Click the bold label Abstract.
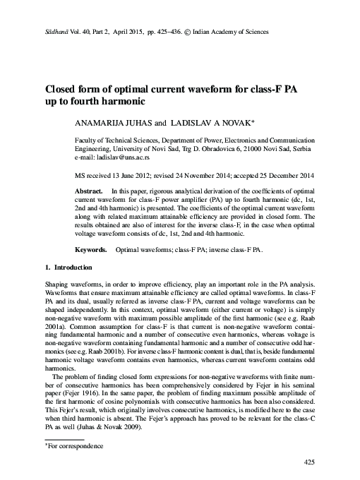(90, 192)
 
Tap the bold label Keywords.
(91, 251)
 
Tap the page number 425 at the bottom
(307, 462)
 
